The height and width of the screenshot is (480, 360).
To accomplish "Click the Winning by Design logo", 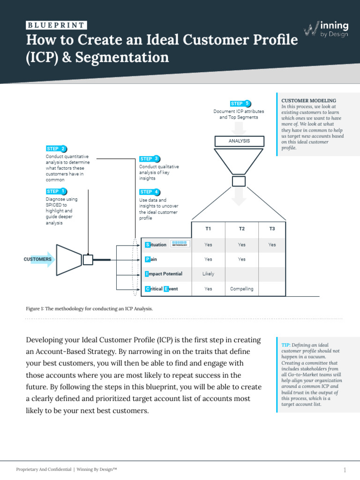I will pos(326,30).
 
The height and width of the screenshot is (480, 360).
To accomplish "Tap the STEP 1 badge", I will pos(56,191).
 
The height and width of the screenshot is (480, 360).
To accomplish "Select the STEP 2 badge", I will pos(56,149).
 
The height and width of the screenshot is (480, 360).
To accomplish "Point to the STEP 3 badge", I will pos(150,159).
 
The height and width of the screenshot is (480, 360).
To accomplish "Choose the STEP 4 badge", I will pos(150,192).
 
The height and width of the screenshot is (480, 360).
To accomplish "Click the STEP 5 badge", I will pos(240,103).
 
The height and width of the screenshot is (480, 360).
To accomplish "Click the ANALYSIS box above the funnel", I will pos(239,141).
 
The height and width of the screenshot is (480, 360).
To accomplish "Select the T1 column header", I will pos(208,229).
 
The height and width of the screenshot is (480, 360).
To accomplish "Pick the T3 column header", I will pos(272,229).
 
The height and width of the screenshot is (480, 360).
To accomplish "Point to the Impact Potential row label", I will pos(164,274).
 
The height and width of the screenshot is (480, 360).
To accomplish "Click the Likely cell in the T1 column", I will pos(208,274).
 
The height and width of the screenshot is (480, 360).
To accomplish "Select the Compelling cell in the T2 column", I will pos(241,289).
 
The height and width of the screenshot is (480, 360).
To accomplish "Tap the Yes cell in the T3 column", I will pos(272,245).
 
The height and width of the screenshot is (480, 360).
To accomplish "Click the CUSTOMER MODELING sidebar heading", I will pos(308,101).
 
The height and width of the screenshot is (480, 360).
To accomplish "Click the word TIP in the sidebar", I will pos(286,345).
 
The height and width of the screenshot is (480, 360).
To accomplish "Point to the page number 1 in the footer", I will pos(345,470).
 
